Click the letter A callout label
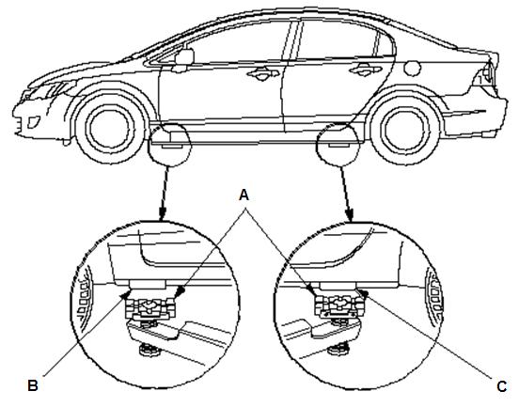[x=244, y=196]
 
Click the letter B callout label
[x=33, y=385]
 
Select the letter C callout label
[x=502, y=386]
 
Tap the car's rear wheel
[x=404, y=129]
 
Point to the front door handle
[x=262, y=73]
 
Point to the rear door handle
[x=365, y=70]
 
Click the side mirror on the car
[x=182, y=59]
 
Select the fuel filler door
[x=412, y=68]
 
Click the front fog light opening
[x=33, y=122]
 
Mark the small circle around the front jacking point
[x=169, y=145]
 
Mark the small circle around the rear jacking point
[x=338, y=144]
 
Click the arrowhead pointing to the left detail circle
[x=162, y=214]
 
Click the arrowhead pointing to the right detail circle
[x=350, y=214]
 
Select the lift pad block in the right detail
[x=338, y=305]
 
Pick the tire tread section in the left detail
[x=84, y=291]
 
